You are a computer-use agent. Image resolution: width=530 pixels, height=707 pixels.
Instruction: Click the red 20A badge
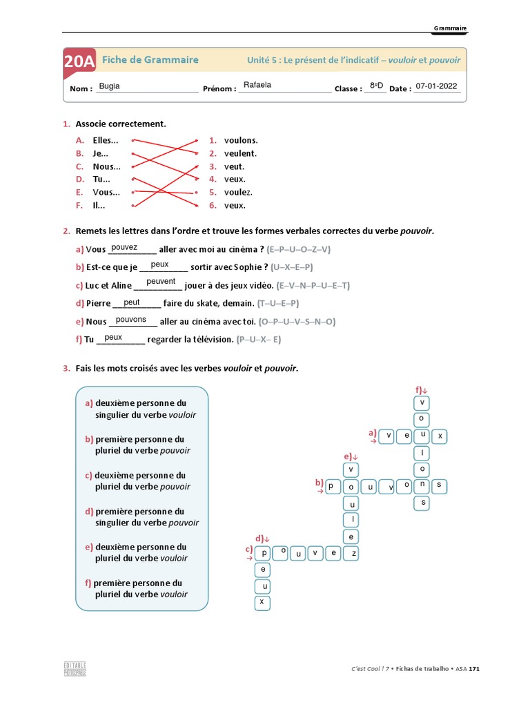[79, 61]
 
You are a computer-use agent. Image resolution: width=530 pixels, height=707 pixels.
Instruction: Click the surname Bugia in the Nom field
[109, 86]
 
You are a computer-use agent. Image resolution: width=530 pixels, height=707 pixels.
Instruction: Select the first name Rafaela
[257, 86]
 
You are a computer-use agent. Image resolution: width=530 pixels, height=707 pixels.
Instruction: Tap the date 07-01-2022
[436, 87]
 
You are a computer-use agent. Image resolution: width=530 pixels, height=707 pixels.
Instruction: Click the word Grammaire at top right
[450, 28]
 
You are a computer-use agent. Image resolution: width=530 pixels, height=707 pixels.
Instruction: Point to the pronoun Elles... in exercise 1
[106, 140]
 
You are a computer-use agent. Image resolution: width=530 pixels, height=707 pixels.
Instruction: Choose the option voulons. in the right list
[240, 140]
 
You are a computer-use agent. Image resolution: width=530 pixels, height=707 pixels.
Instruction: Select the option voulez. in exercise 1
[238, 192]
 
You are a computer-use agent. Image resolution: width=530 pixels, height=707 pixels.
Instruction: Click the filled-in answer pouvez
[124, 247]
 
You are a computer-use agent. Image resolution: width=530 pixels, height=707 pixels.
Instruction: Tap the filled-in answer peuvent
[161, 282]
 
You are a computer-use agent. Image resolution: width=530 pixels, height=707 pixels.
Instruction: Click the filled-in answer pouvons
[131, 320]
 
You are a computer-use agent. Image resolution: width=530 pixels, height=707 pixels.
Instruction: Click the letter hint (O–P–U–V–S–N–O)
[297, 321]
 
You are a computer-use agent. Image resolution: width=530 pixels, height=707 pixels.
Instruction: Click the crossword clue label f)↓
[421, 389]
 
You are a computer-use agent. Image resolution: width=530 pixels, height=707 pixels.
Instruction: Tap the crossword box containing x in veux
[439, 436]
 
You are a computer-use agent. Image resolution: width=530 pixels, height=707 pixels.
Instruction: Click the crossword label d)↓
[262, 538]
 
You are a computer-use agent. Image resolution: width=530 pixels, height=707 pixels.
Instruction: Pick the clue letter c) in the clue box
[89, 476]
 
